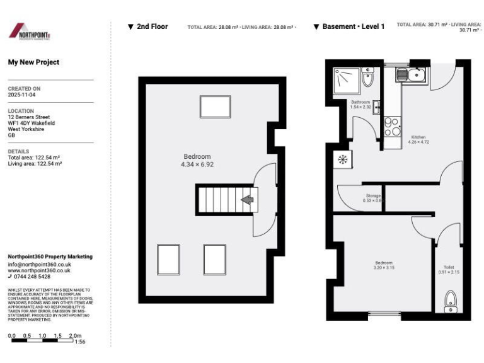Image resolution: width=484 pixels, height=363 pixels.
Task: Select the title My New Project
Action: click(33, 62)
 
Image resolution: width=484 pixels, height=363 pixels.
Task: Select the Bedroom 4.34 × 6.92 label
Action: click(197, 161)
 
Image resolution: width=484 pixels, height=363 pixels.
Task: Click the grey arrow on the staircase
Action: click(248, 200)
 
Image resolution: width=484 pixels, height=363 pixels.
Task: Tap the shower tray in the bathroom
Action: click(346, 80)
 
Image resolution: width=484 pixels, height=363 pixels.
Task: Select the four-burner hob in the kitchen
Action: click(391, 127)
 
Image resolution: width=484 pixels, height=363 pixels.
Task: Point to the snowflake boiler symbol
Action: click(343, 160)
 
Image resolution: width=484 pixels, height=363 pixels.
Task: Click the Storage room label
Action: click(373, 198)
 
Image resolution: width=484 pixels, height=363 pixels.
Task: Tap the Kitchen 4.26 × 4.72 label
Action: click(418, 139)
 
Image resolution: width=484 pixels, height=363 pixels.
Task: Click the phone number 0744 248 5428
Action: click(32, 277)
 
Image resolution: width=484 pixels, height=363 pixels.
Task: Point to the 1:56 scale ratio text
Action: click(80, 342)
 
